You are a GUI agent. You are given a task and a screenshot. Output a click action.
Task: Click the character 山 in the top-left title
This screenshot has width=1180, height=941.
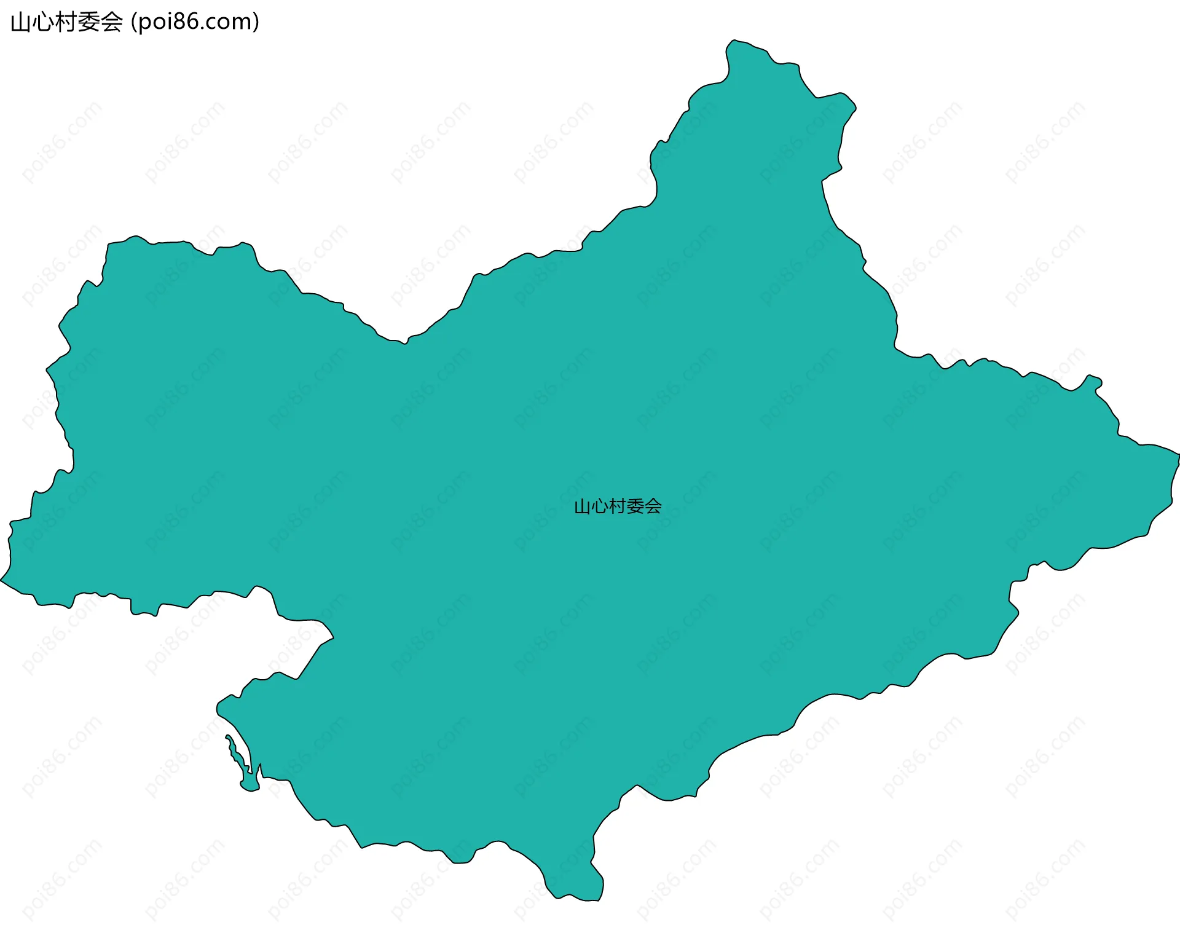tap(20, 23)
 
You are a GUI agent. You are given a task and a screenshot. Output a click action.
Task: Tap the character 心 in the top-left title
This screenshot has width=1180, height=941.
tap(43, 23)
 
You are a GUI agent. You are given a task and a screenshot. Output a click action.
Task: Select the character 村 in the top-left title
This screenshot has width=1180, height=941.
tap(66, 23)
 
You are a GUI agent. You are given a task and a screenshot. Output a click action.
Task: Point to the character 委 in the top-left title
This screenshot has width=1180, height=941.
tap(89, 23)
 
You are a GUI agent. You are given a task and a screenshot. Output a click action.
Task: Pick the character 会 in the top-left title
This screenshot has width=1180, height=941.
tap(112, 23)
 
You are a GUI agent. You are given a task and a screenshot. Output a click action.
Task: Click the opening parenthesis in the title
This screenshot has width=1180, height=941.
tap(133, 23)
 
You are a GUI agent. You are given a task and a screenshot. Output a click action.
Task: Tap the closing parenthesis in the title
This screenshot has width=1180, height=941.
tap(256, 23)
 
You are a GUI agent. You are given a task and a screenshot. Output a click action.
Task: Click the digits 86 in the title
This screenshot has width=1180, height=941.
tap(184, 22)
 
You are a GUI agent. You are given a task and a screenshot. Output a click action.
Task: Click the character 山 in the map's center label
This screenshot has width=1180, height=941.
tap(582, 507)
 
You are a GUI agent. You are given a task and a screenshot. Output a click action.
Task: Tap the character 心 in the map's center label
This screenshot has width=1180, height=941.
tap(600, 507)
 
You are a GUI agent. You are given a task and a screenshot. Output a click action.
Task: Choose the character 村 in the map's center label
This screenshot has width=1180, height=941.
tap(618, 507)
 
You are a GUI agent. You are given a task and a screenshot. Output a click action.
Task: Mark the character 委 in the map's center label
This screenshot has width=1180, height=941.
tap(635, 507)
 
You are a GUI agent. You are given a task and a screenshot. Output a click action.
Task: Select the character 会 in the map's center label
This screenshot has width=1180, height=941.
tap(653, 507)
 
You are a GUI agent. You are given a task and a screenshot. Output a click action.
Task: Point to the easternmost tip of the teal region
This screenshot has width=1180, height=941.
tap(1178, 455)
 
